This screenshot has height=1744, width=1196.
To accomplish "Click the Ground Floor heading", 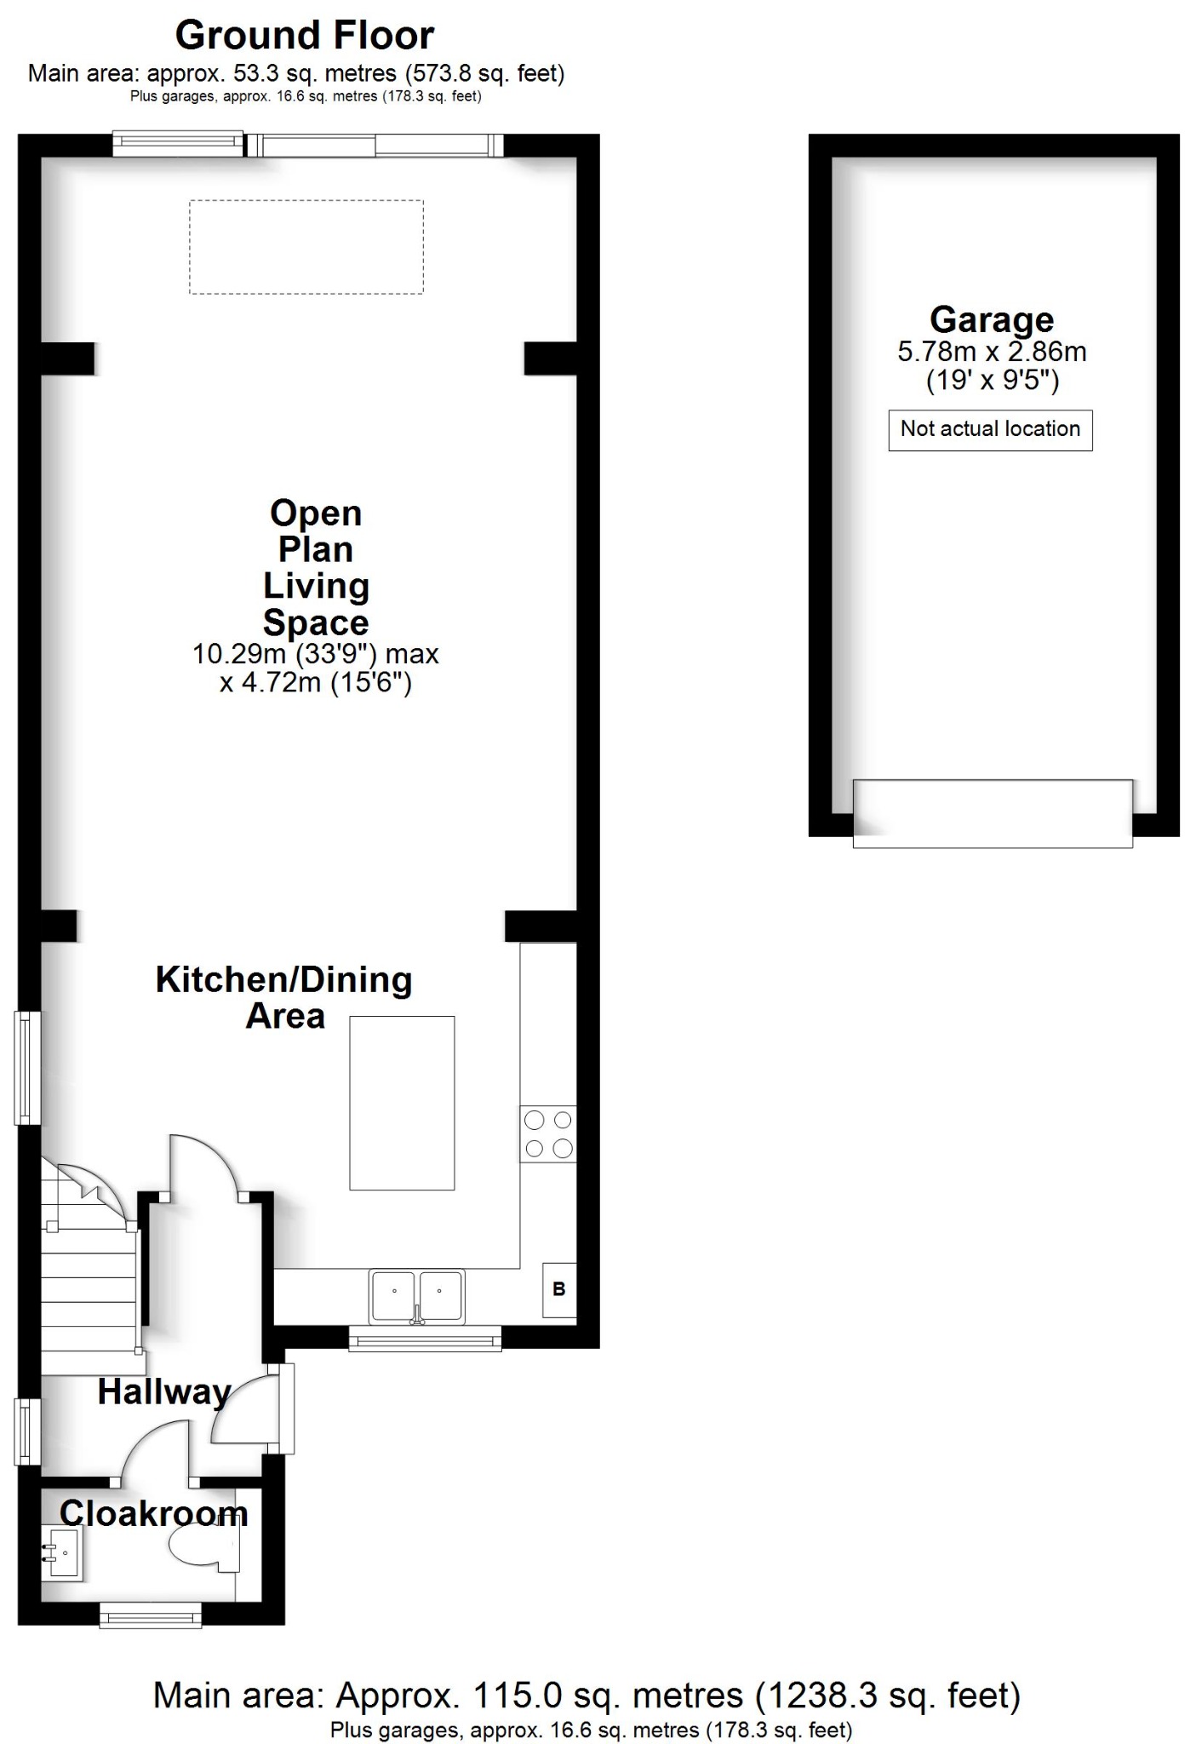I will (304, 36).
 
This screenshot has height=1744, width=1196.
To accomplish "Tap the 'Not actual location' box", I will (990, 429).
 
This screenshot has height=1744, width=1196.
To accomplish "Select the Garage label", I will (992, 320).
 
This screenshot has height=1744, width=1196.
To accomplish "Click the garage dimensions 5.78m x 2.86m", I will (992, 352).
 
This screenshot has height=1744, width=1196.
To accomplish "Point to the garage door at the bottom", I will (993, 813).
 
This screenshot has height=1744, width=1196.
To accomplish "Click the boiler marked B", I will (559, 1289).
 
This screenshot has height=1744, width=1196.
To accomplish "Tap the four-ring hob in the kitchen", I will (548, 1134).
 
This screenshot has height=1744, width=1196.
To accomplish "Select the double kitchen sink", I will (417, 1296).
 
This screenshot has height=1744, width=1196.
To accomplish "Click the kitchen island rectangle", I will (402, 1103).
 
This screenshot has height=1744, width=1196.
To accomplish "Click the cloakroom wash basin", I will (60, 1553).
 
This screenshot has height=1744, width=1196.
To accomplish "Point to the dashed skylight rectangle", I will (306, 247).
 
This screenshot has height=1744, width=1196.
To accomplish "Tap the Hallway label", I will (163, 1392).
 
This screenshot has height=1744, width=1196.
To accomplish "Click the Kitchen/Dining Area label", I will (284, 997).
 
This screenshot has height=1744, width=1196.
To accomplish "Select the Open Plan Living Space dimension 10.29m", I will (315, 654).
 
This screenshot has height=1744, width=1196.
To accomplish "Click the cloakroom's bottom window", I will (151, 1615).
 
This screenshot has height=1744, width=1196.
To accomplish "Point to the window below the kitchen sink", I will (425, 1342).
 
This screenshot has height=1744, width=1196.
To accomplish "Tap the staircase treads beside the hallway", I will (89, 1294).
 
